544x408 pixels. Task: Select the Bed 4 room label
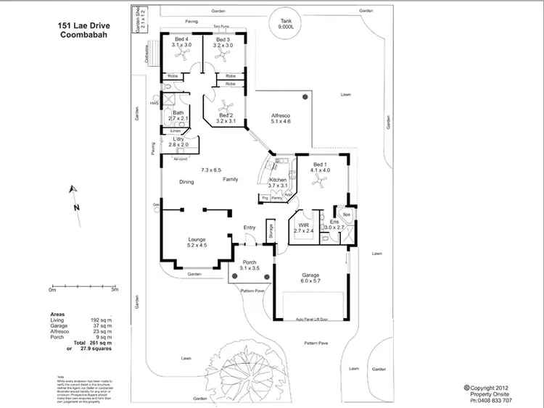tap(181, 42)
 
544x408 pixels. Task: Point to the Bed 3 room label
tap(222, 42)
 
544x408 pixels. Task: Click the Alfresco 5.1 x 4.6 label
tap(281, 119)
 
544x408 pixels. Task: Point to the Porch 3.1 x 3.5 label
tap(249, 265)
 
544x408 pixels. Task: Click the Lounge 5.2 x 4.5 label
tap(197, 242)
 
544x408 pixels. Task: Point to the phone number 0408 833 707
tap(491, 400)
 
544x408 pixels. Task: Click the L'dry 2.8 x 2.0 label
tap(178, 142)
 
